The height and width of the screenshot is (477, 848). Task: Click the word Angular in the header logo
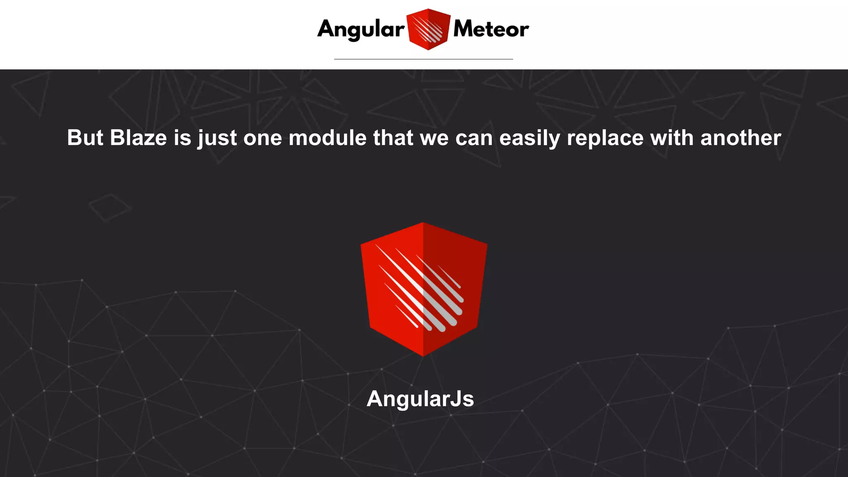pyautogui.click(x=361, y=29)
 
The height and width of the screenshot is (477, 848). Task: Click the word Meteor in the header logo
pyautogui.click(x=491, y=29)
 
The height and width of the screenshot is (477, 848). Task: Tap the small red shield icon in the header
pyautogui.click(x=428, y=29)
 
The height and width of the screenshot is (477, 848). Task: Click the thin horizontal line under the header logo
pyautogui.click(x=423, y=59)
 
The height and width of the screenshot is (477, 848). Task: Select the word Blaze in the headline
pyautogui.click(x=138, y=138)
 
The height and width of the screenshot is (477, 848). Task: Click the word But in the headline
pyautogui.click(x=85, y=138)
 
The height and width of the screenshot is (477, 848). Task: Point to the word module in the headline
pyautogui.click(x=328, y=138)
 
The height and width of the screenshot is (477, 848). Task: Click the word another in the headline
pyautogui.click(x=741, y=138)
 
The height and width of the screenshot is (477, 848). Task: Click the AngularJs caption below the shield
pyautogui.click(x=420, y=399)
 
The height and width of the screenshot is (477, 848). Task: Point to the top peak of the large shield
pyautogui.click(x=423, y=223)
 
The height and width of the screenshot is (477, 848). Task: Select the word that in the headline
pyautogui.click(x=393, y=138)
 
